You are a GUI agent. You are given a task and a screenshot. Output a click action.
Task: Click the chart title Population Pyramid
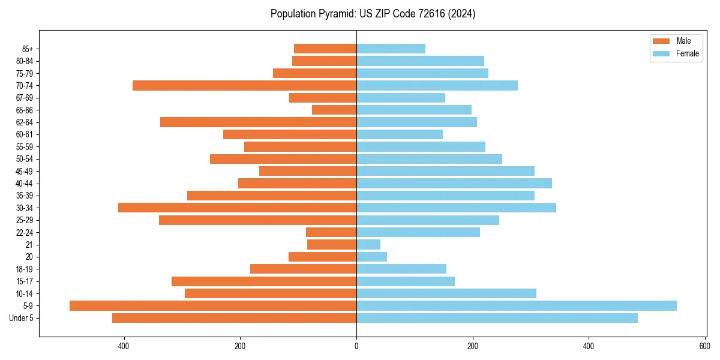pos(373,14)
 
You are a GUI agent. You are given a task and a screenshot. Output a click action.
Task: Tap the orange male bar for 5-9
pos(213,306)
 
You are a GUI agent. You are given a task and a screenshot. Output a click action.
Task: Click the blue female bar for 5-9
pos(517,306)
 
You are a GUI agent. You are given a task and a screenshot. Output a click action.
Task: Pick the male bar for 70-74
pos(245,86)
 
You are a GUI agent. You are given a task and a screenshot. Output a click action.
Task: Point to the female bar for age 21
pos(368,245)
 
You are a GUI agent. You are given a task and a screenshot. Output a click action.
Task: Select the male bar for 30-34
pos(238,208)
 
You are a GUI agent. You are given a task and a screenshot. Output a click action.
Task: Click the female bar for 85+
pos(391,49)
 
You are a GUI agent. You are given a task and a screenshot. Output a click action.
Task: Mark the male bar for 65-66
pos(334,110)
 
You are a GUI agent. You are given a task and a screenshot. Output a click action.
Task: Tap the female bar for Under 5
pos(497,318)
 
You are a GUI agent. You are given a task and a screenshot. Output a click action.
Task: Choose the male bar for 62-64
pos(259,122)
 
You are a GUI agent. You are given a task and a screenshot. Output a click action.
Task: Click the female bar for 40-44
pos(454,184)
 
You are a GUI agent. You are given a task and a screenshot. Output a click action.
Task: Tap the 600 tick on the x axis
pos(705,346)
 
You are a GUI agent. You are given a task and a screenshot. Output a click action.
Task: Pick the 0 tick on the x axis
pos(356,346)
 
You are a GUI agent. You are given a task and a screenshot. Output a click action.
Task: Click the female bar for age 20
pos(372,257)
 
